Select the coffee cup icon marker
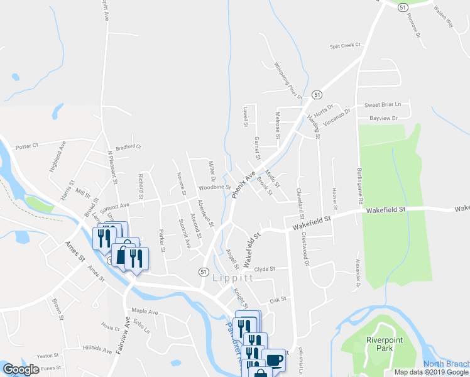[x=274, y=360]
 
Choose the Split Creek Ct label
[x=346, y=46]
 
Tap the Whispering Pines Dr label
[x=288, y=80]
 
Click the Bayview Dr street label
[x=385, y=118]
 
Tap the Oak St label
[x=278, y=299]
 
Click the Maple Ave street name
[x=145, y=311]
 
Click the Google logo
[x=20, y=369]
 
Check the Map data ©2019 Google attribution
[x=431, y=372]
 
